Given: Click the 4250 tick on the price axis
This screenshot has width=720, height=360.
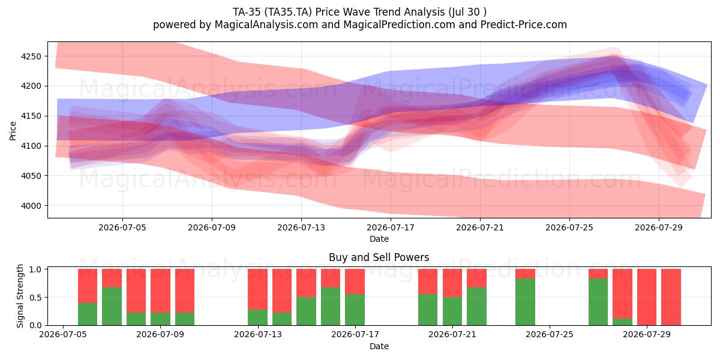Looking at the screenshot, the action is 31,56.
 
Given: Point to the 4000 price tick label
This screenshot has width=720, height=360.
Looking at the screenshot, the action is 31,206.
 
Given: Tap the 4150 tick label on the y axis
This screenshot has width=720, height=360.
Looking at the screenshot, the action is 31,116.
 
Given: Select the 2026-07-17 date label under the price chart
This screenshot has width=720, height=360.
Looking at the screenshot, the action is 391,227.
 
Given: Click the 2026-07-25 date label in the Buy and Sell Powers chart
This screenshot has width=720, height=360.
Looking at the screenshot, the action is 550,334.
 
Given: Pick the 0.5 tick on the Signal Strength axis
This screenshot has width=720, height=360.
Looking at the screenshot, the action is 35,298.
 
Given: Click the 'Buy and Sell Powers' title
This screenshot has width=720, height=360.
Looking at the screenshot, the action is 379,257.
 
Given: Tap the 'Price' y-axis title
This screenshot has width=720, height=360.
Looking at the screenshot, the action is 13,131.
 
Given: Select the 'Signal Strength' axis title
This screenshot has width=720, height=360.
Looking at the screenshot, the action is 20,296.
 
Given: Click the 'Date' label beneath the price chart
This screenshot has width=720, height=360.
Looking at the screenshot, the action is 379,239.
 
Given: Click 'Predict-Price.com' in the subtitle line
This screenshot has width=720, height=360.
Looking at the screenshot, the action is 524,25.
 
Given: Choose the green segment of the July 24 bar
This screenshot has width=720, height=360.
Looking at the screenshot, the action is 525,302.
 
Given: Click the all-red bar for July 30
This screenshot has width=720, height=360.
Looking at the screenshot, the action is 671,297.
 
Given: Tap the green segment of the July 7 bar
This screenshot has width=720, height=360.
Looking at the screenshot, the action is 112,307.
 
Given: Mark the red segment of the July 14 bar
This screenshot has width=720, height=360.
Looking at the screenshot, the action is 282,291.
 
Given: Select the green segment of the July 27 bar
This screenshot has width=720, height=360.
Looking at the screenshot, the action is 598,302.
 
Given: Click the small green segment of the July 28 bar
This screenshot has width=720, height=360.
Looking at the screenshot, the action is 622,322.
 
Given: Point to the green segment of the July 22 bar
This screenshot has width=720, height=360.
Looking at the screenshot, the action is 476,307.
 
